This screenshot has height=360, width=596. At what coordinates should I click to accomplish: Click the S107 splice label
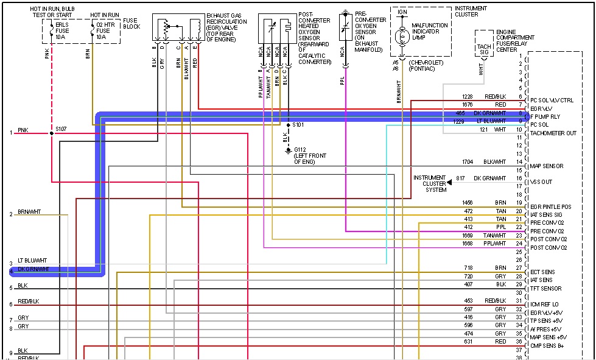(60, 129)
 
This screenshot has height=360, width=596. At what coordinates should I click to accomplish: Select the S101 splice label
(298, 124)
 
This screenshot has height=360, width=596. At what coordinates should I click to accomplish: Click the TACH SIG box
(484, 49)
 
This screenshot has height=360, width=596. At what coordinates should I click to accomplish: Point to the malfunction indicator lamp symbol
(401, 37)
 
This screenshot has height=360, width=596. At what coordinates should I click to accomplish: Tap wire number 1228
(467, 97)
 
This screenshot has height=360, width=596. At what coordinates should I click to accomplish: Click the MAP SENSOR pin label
(546, 166)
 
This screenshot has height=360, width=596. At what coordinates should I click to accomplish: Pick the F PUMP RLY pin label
(545, 116)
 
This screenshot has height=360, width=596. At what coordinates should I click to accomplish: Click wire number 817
(460, 178)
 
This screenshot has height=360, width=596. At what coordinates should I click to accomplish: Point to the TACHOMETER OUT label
(553, 133)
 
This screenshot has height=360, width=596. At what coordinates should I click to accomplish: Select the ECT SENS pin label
(542, 272)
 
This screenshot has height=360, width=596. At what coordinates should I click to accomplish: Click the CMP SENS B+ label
(547, 346)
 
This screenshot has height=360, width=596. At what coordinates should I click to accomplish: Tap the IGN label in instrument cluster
(402, 12)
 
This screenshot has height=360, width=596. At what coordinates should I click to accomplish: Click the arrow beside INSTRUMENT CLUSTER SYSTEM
(449, 182)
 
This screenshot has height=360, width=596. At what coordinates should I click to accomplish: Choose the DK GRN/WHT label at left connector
(33, 269)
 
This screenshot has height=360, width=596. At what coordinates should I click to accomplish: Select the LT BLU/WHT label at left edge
(31, 260)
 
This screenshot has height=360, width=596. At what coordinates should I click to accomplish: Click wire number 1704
(467, 162)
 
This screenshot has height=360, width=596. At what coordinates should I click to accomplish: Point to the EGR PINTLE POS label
(550, 207)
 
